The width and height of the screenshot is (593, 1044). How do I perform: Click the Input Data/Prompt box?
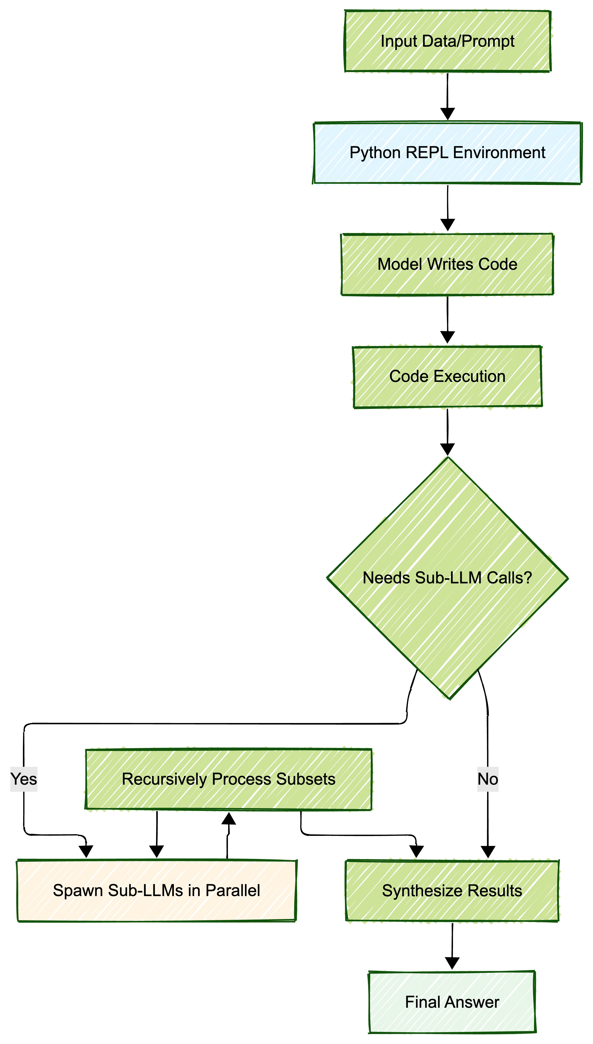pos(447,41)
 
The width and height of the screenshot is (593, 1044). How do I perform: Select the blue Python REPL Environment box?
pos(447,153)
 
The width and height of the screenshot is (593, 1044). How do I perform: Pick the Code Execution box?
pos(447,376)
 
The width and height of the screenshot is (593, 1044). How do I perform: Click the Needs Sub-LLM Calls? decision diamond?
pos(447,578)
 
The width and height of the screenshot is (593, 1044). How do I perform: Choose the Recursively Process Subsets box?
pos(228,779)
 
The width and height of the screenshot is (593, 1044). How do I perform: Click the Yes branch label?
pos(24,779)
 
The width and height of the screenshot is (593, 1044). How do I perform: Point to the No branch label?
pos(488,779)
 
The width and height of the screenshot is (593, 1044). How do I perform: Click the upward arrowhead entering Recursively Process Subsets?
pos(228,818)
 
